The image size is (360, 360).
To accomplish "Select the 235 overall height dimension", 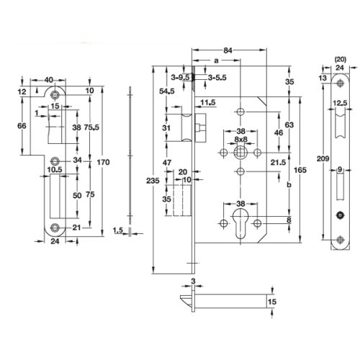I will pyautogui.click(x=146, y=181).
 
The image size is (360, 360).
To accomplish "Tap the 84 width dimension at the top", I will pyautogui.click(x=228, y=49).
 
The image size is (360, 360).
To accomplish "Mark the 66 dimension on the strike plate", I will pyautogui.click(x=22, y=126).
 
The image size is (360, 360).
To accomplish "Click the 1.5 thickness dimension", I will pyautogui.click(x=120, y=230).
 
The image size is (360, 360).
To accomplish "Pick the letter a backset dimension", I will pyautogui.click(x=216, y=63).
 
